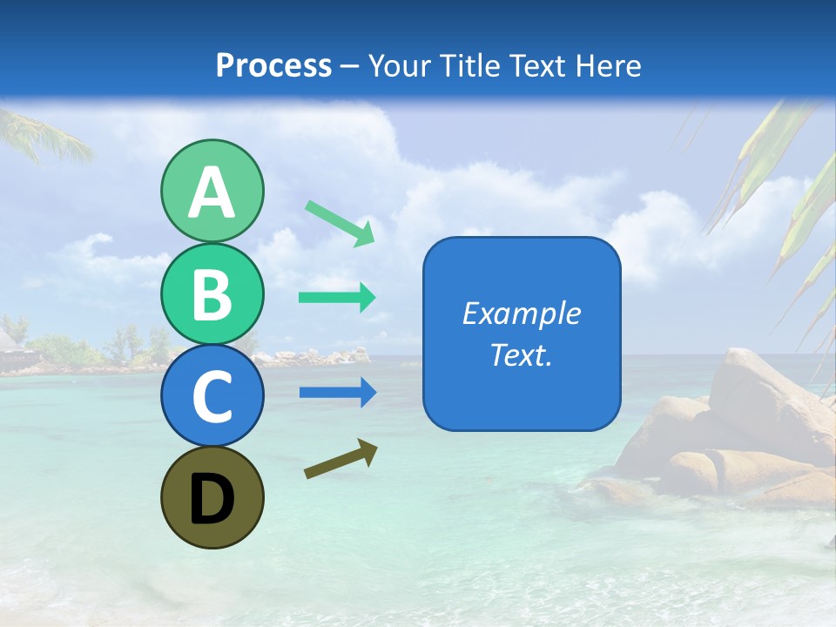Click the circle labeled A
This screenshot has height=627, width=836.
(212, 191)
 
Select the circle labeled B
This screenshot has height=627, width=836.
(212, 294)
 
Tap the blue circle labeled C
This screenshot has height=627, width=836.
(212, 395)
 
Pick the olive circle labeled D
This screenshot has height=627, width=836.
(212, 497)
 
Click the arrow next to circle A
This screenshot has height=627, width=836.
(340, 223)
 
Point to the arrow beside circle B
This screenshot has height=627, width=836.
(337, 298)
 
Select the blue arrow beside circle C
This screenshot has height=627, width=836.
(337, 393)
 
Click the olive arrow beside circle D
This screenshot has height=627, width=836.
(340, 458)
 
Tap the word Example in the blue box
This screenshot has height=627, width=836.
(521, 313)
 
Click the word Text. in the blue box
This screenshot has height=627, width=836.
(521, 355)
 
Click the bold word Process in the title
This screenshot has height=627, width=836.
(273, 65)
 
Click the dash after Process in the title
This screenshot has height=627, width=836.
(350, 66)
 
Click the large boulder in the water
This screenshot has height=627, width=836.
(766, 401)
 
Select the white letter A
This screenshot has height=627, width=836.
(212, 192)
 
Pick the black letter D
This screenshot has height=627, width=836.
(212, 499)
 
